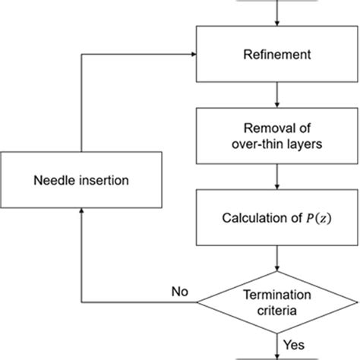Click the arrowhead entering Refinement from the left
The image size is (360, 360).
193,55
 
